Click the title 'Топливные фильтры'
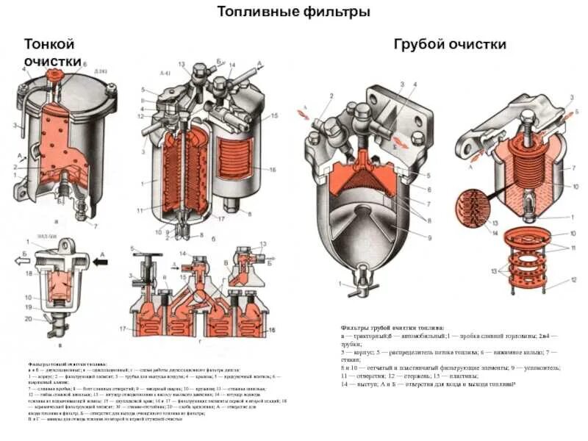click(x=293, y=12)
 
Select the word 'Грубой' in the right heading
click(x=420, y=44)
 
